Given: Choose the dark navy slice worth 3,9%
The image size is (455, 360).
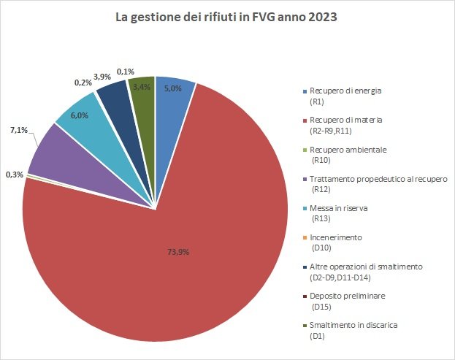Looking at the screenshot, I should click(112, 93).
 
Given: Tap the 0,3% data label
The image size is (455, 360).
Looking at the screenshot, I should click(13, 175).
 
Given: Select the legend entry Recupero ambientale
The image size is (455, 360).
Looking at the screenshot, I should click(345, 149).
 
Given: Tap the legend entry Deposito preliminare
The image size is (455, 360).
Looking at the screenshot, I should click(347, 296).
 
